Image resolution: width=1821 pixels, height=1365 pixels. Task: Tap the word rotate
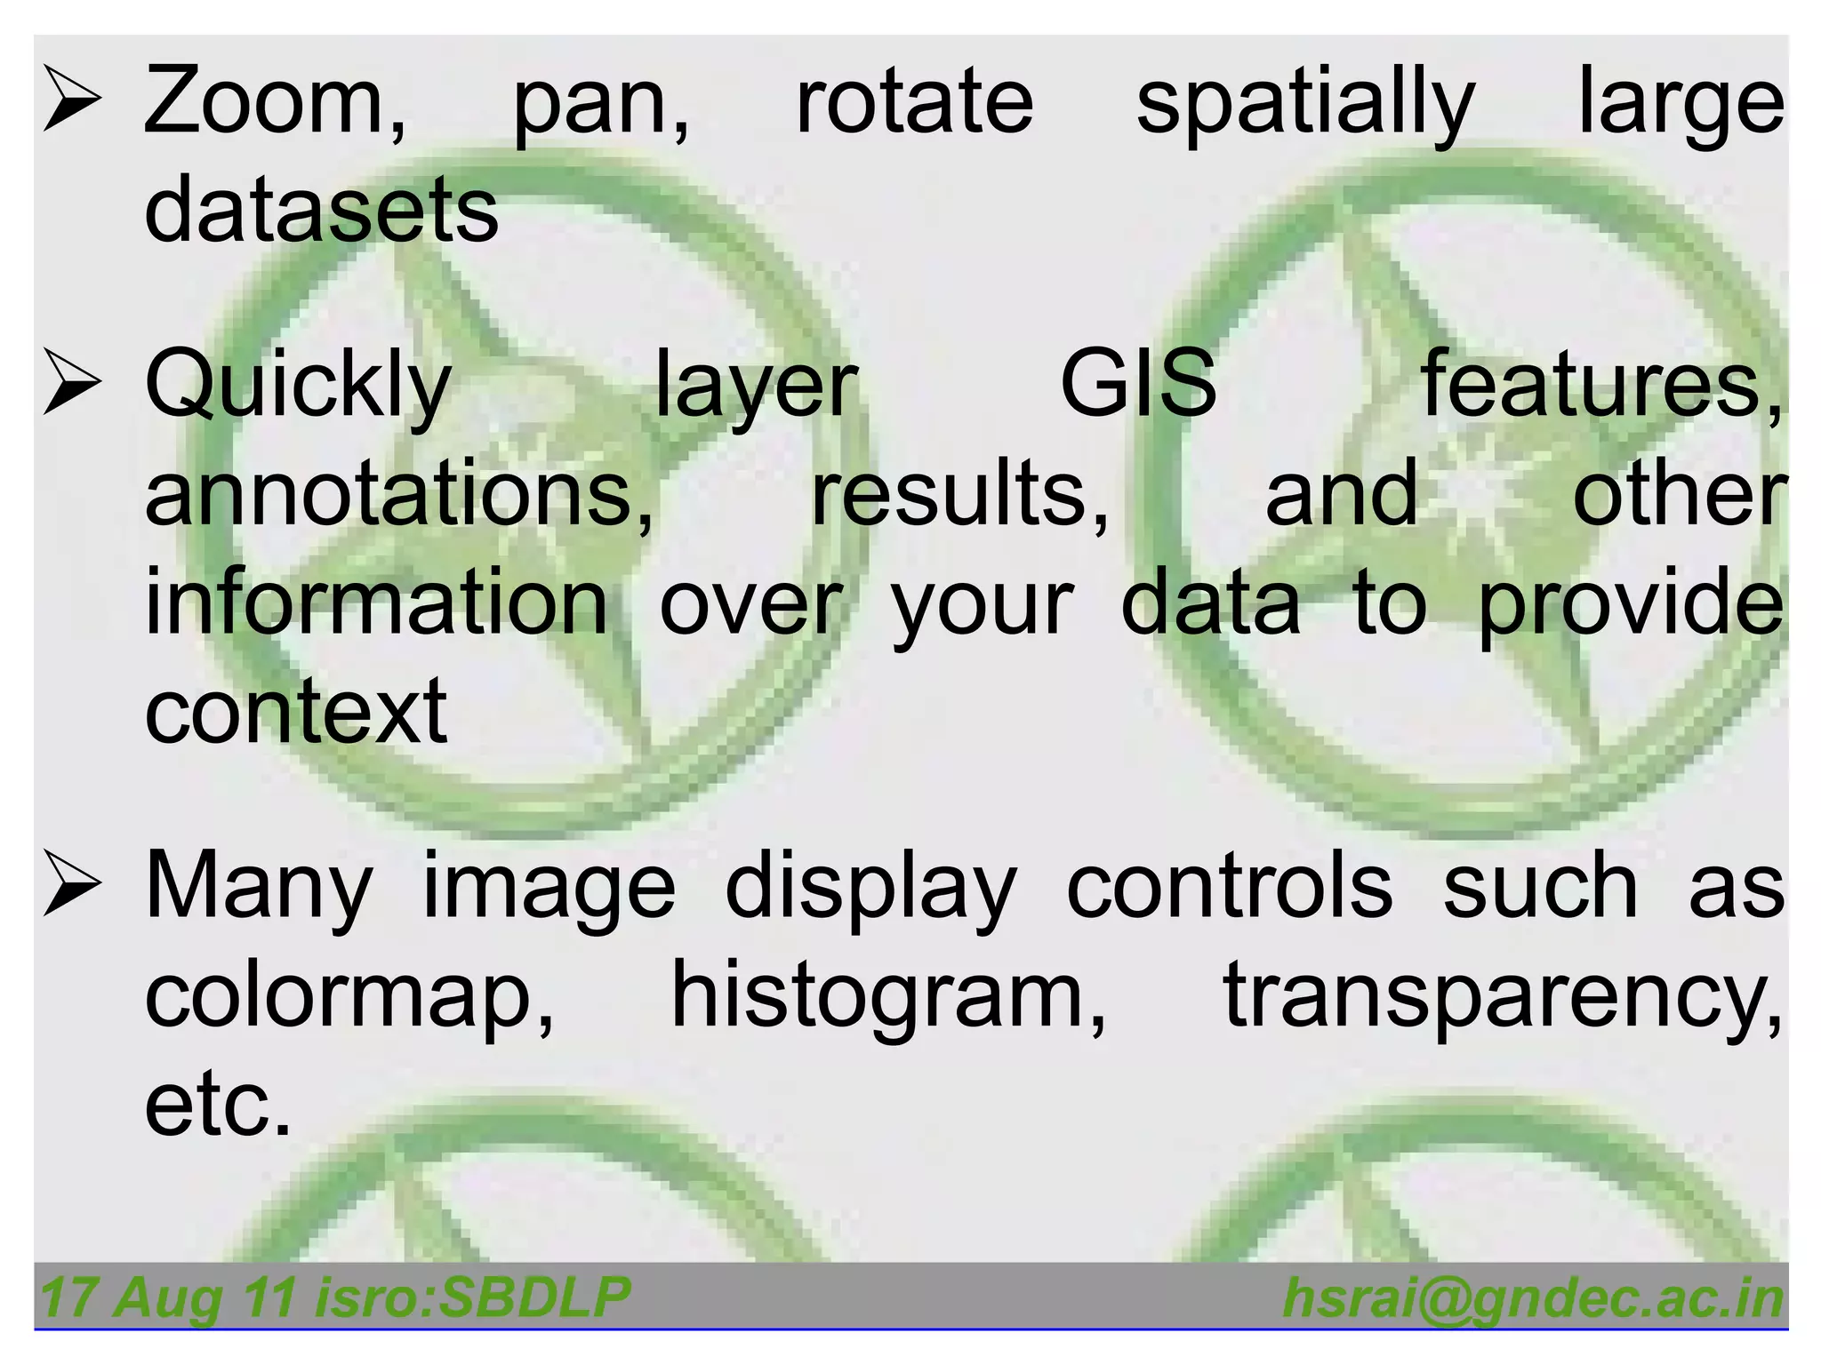click(x=914, y=100)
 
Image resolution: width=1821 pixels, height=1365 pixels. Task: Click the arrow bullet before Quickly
click(x=73, y=383)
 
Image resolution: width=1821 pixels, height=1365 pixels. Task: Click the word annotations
click(x=399, y=494)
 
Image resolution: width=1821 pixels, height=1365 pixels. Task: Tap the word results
click(x=960, y=494)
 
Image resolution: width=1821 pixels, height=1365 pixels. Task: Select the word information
click(x=376, y=603)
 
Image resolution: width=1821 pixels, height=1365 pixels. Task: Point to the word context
click(x=295, y=711)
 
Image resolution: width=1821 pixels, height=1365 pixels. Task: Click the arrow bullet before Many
click(x=73, y=884)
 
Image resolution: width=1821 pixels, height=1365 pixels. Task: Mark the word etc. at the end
click(x=218, y=1106)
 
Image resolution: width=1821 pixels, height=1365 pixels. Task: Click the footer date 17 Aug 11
click(x=167, y=1297)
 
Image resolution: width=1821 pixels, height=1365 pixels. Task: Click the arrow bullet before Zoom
click(x=73, y=101)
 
